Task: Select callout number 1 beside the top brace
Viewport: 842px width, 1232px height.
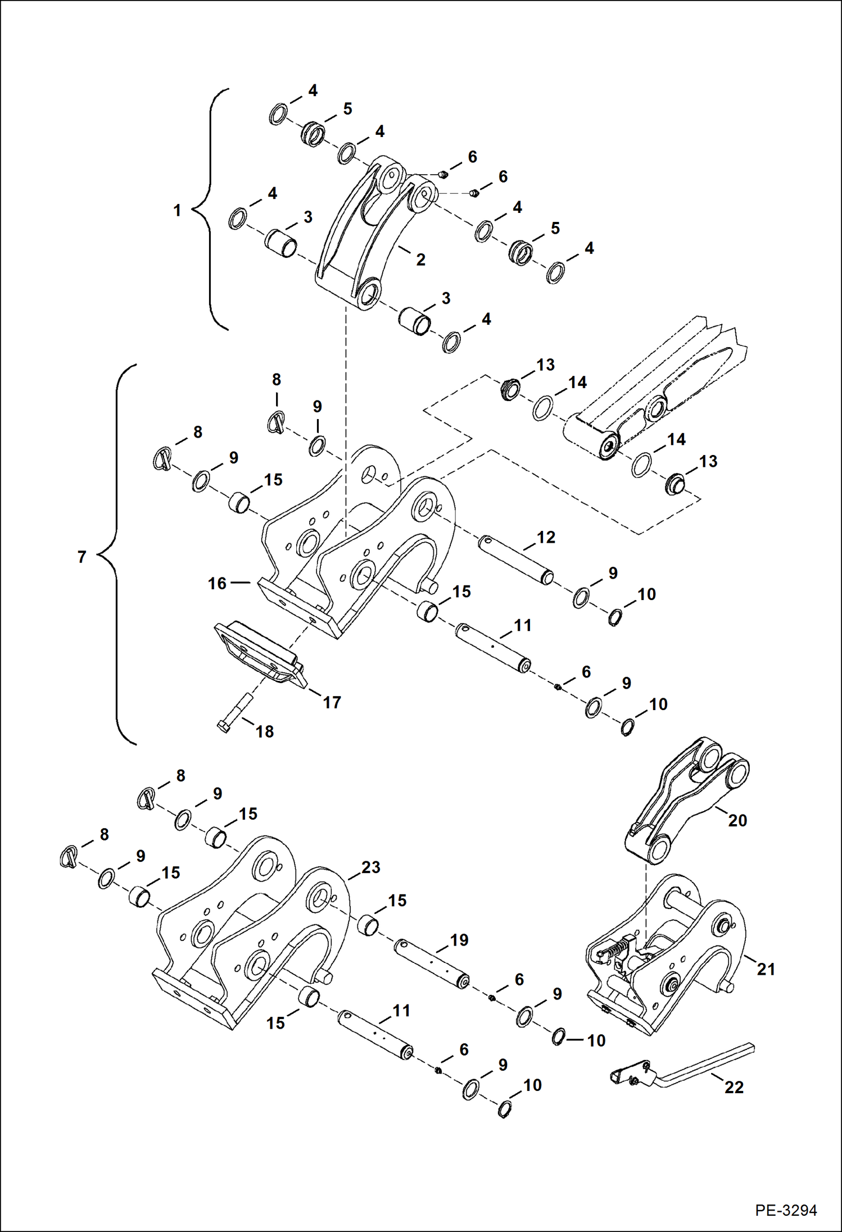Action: coord(177,211)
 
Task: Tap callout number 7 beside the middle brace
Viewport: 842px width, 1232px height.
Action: coord(82,557)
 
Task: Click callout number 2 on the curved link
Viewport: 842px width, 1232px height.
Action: coord(420,260)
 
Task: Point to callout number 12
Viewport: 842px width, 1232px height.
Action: coord(545,537)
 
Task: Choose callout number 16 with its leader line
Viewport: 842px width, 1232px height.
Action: coord(217,583)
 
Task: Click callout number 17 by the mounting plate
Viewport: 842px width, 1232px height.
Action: coord(332,702)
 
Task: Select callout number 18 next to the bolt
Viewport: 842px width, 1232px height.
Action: coord(265,731)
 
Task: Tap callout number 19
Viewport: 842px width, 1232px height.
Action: coord(459,940)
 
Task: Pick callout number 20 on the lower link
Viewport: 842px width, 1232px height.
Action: coord(737,820)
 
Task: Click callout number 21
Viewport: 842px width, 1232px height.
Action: coord(766,969)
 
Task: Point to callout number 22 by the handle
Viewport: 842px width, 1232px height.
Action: coord(734,1087)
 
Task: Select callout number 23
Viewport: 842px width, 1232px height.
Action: coord(370,867)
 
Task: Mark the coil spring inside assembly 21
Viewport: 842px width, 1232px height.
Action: coord(616,949)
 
